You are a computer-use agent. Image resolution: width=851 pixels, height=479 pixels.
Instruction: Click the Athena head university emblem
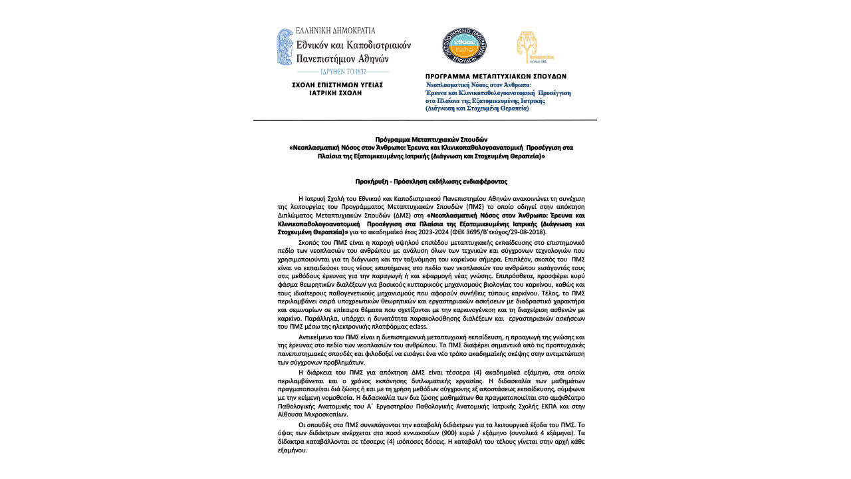pyautogui.click(x=285, y=47)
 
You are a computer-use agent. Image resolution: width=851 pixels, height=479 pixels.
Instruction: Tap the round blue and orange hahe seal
pyautogui.click(x=464, y=46)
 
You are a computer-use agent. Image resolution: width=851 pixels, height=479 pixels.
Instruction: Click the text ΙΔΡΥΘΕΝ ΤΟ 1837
pyautogui.click(x=343, y=71)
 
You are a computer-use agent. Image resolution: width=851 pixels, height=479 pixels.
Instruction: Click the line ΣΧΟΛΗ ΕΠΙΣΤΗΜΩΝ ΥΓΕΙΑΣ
pyautogui.click(x=337, y=85)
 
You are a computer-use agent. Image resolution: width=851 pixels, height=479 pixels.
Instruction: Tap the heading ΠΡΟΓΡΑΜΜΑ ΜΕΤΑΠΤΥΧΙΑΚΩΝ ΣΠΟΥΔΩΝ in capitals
pyautogui.click(x=496, y=77)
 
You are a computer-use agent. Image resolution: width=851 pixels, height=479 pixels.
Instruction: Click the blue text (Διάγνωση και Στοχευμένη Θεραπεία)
pyautogui.click(x=477, y=108)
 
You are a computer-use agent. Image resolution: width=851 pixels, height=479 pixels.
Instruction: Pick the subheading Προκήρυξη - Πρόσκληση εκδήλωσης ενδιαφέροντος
pyautogui.click(x=431, y=182)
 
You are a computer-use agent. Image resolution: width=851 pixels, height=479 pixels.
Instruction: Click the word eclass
pyautogui.click(x=418, y=327)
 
